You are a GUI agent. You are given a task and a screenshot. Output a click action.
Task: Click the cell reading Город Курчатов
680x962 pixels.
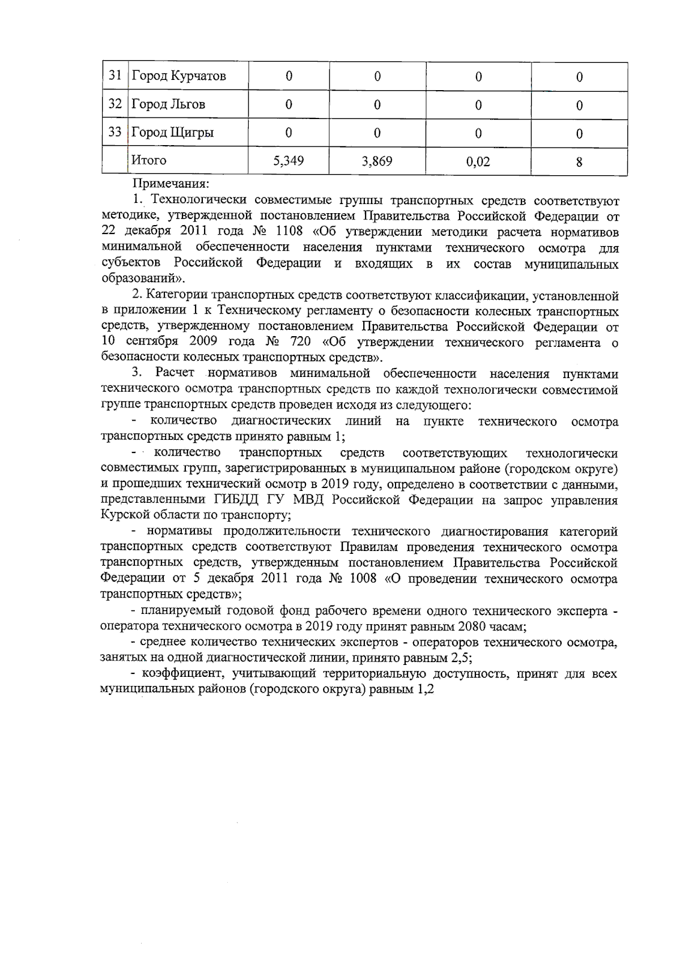point(179,76)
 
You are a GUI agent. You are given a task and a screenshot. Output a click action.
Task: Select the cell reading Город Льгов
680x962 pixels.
point(168,104)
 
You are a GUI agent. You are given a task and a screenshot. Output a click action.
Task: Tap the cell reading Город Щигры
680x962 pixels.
point(173,133)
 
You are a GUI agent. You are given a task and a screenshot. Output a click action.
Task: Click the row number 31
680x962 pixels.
point(115,75)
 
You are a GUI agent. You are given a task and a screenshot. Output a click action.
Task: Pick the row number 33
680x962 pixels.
point(115,132)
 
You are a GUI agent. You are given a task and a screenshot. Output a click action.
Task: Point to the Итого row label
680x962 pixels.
point(149,160)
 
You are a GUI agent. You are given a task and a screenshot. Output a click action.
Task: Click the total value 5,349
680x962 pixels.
point(288,161)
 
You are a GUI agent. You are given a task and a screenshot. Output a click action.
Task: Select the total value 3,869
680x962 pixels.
point(377,162)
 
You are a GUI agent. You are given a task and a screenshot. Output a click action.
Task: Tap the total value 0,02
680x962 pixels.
point(478,162)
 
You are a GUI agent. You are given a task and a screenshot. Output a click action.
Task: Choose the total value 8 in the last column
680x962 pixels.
point(579,162)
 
